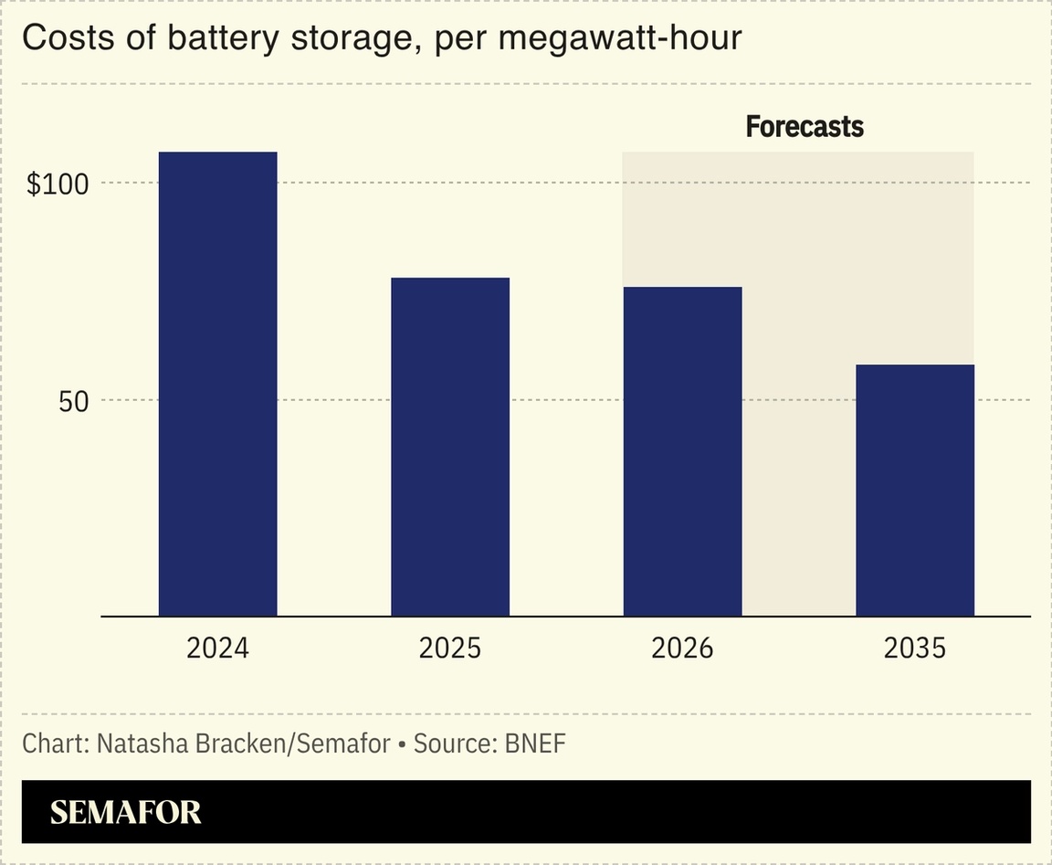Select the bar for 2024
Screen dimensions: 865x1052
pyautogui.click(x=217, y=384)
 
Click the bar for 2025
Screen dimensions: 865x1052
pyautogui.click(x=450, y=447)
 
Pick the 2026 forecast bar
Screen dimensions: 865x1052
pyautogui.click(x=682, y=451)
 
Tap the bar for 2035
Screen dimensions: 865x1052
pyautogui.click(x=915, y=491)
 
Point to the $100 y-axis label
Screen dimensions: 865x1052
pyautogui.click(x=58, y=185)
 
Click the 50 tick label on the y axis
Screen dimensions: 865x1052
pyautogui.click(x=74, y=401)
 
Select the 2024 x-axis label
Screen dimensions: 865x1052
pyautogui.click(x=217, y=649)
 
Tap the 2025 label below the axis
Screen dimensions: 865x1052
pyautogui.click(x=450, y=649)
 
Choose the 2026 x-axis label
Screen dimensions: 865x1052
pyautogui.click(x=682, y=649)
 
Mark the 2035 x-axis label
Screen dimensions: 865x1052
pyautogui.click(x=915, y=649)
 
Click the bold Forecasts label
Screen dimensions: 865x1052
pyautogui.click(x=805, y=127)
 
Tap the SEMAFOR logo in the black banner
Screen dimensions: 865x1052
pyautogui.click(x=126, y=812)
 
